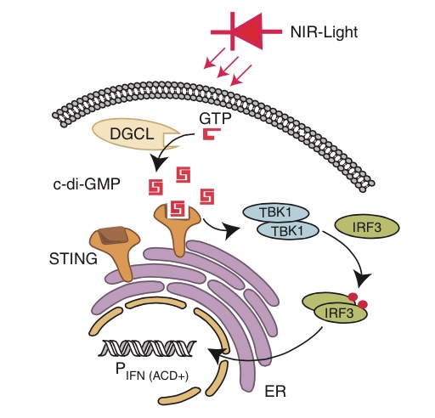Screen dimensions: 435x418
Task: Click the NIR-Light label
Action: pos(324,32)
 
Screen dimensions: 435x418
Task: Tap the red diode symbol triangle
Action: pos(249,31)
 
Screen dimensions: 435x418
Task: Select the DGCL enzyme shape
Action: pos(135,134)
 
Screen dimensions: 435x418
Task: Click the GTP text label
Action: pos(215,119)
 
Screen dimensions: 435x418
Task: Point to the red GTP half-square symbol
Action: pos(212,134)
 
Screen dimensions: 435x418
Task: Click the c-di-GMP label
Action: pos(87,184)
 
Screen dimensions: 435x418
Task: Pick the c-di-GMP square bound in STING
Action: pos(177,210)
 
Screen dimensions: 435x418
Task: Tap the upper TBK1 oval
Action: pos(275,213)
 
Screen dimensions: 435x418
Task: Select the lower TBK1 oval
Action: pos(287,230)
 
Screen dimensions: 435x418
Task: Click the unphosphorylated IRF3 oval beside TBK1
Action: pos(367,227)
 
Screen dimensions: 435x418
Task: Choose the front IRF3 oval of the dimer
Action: pos(340,313)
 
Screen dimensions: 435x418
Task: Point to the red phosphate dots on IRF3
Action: pos(358,301)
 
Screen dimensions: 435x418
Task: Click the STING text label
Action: pos(73,259)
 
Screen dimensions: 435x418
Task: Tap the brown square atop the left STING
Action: pos(113,234)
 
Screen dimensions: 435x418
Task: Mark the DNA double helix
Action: pos(147,348)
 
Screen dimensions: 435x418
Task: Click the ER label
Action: pos(275,392)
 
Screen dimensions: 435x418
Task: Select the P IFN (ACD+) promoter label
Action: pos(152,371)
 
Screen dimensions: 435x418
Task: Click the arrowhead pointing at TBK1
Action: pos(232,230)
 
